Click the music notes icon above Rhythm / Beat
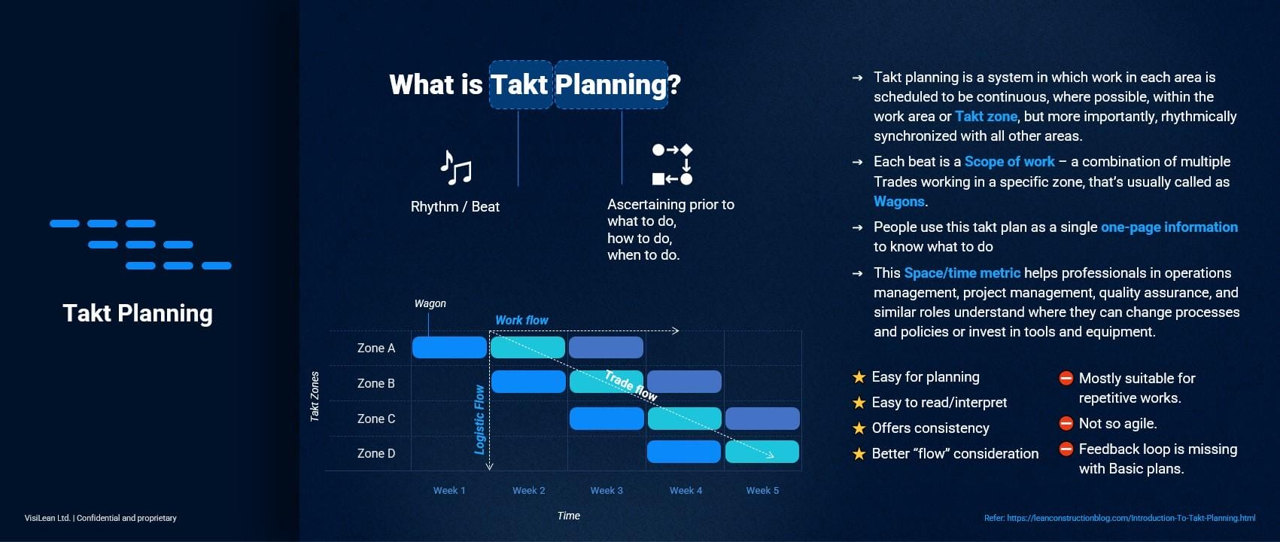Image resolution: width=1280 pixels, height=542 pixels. point(456,168)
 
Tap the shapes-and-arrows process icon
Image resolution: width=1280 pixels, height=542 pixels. point(673,164)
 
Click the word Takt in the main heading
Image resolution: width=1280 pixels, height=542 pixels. point(519,84)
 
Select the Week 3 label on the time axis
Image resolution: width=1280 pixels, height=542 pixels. point(607,491)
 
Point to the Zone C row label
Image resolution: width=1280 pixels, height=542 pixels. point(376,419)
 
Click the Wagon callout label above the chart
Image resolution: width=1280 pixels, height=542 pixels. point(430,303)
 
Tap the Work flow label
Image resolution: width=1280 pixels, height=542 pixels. point(521,320)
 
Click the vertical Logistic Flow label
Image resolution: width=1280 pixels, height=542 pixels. point(479,419)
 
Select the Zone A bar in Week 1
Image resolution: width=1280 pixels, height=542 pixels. point(449,348)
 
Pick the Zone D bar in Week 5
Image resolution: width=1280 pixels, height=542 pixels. point(762,452)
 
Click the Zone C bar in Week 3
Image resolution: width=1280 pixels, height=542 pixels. point(607,419)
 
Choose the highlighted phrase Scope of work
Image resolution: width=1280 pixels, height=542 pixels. point(1009,162)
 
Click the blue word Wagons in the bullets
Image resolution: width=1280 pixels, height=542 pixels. point(898,202)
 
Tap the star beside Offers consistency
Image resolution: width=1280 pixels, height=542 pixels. point(859,428)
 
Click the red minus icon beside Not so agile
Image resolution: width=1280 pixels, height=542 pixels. point(1066,424)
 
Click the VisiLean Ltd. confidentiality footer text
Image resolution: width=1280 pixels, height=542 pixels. point(101,518)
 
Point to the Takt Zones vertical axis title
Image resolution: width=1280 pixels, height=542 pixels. point(315,397)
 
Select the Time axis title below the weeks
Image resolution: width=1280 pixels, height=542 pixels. point(569,516)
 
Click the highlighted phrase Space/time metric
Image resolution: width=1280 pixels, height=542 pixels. point(962,273)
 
